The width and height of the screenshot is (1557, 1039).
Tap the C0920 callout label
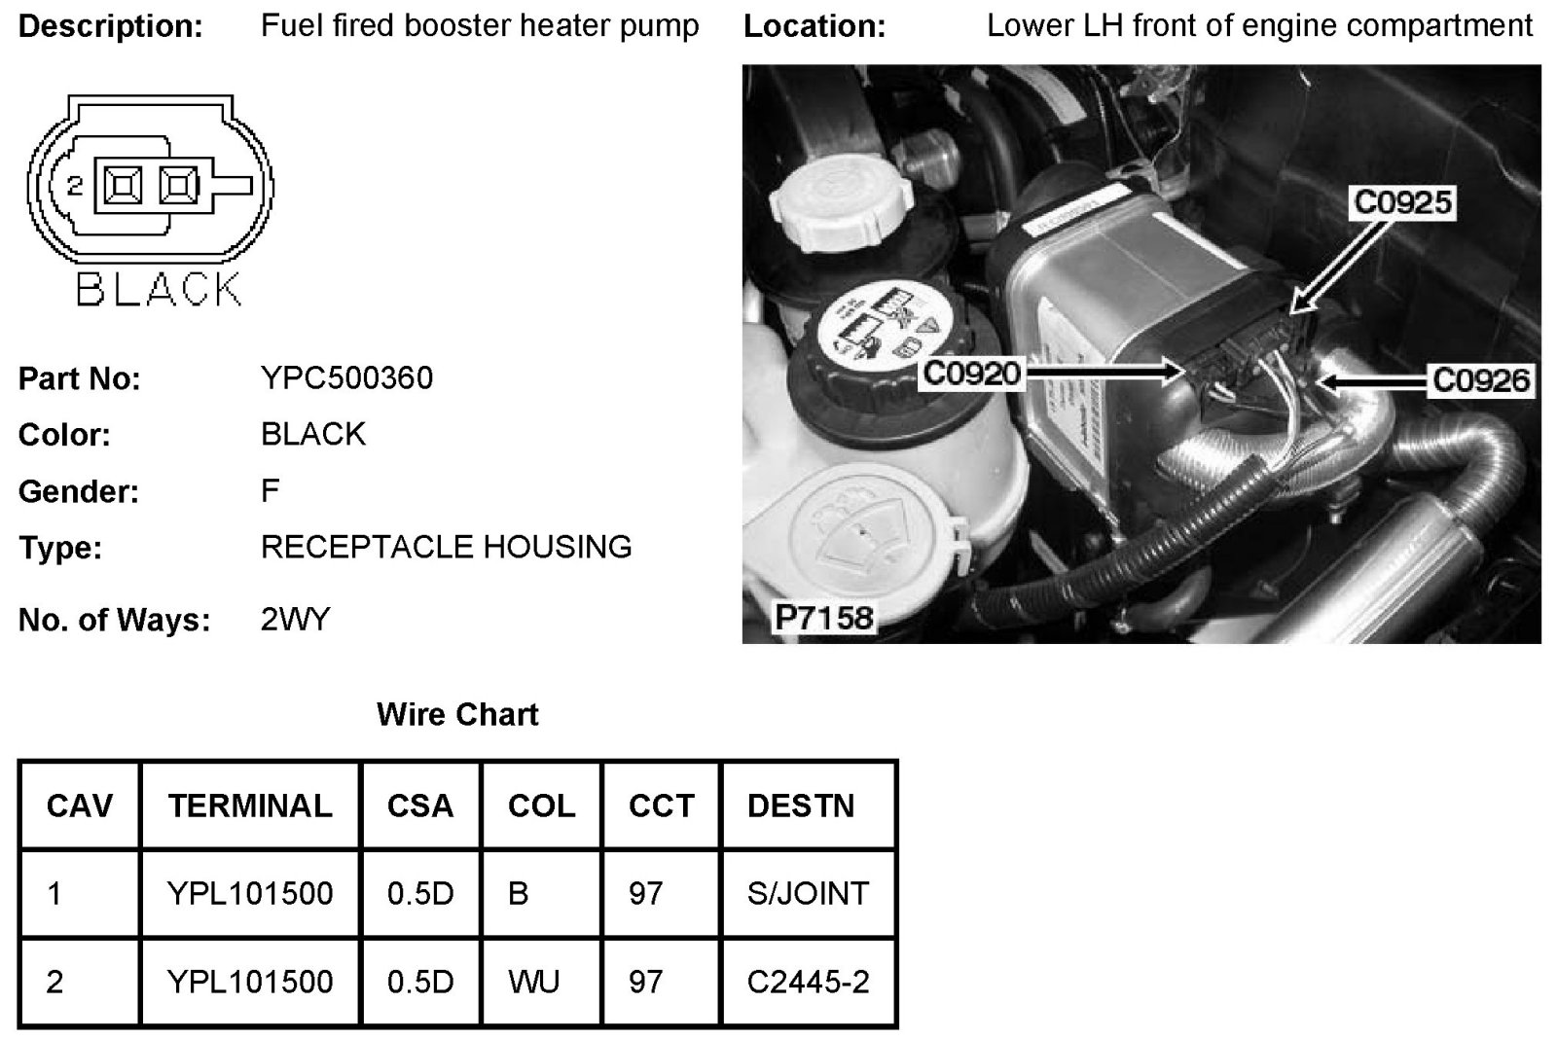pos(971,373)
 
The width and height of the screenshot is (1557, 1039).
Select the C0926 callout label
pos(1480,379)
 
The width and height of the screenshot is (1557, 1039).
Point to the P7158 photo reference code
pos(823,617)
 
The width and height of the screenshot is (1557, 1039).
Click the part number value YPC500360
pos(346,377)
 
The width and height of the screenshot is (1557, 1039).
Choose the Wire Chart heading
pos(457,715)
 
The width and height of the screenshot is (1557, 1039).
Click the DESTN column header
pos(800,806)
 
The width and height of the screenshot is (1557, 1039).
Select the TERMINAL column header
pos(250,806)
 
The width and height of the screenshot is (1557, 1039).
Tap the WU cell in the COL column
pos(533,982)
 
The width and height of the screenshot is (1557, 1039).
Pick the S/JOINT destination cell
pos(808,893)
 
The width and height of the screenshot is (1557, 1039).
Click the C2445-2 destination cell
pos(808,982)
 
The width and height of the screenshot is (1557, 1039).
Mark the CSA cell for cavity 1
pos(420,893)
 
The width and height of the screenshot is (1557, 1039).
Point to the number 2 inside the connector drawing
pos(75,184)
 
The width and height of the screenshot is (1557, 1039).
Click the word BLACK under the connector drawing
pos(159,289)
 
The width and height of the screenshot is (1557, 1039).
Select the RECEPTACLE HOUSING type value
pos(446,547)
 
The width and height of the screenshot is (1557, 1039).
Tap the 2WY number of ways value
pos(295,619)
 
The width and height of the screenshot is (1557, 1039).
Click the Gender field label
pos(79,491)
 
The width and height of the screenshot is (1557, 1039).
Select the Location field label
pos(815,26)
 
